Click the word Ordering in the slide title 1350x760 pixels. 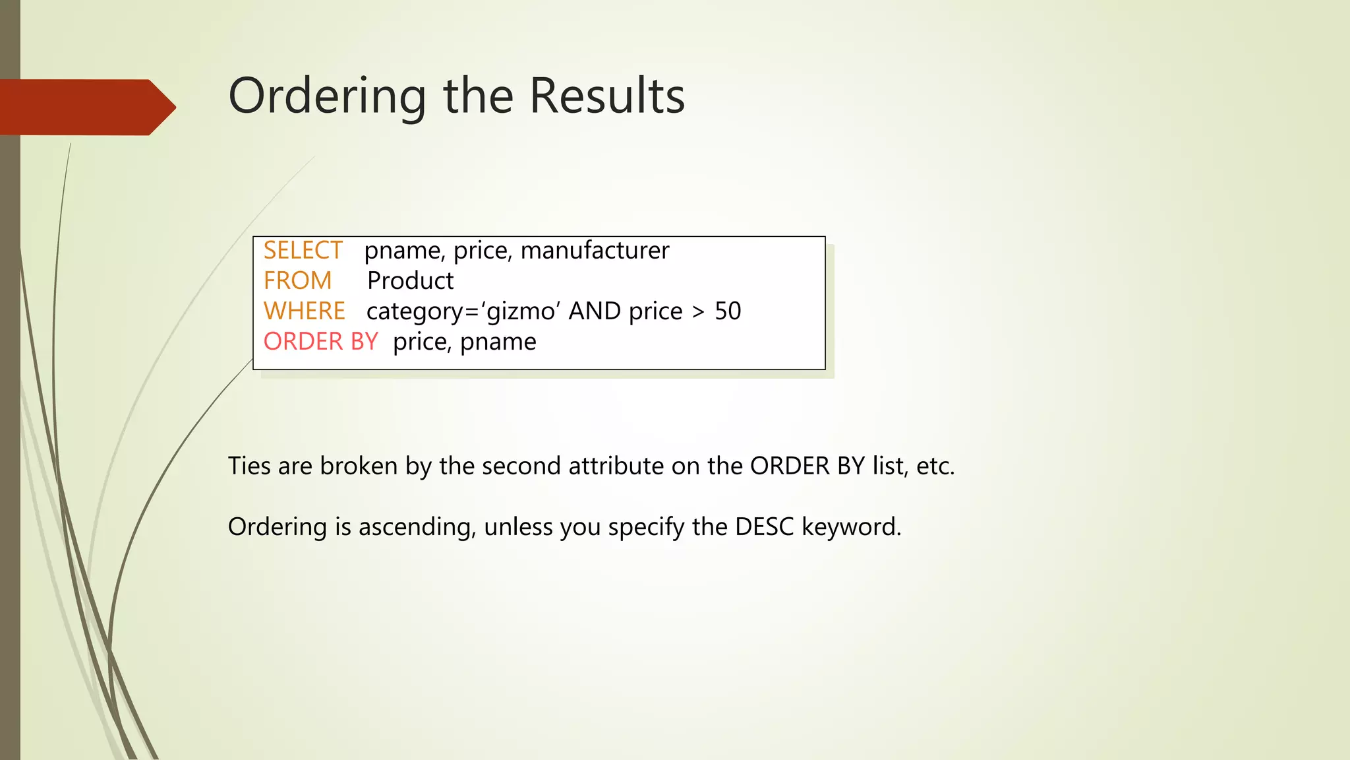tap(327, 96)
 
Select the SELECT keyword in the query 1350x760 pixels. tap(303, 251)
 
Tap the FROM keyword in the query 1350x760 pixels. tap(297, 281)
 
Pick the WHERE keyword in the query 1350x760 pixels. tap(304, 311)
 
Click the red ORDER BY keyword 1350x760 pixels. tap(320, 342)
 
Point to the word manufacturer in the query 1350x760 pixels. tap(595, 251)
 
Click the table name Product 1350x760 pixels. tap(410, 281)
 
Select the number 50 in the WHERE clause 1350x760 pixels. tap(728, 311)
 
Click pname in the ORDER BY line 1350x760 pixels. tap(498, 342)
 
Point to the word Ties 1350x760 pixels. tap(249, 466)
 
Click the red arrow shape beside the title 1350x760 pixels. tap(86, 108)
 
